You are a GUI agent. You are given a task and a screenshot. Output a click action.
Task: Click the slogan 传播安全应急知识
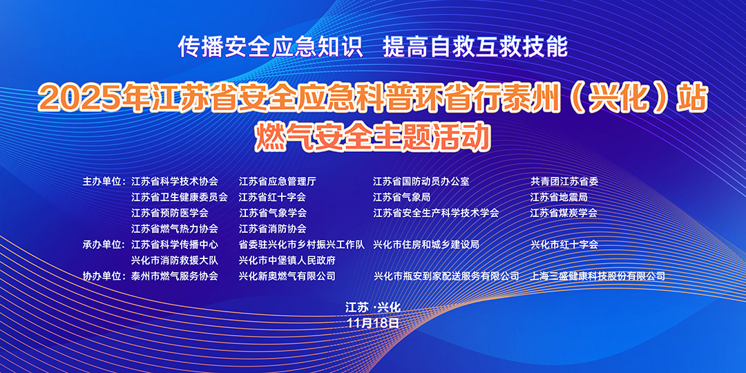[270, 48]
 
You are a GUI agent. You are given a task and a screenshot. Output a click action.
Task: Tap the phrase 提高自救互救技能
[475, 48]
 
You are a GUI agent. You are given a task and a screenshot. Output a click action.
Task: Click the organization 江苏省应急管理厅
[278, 182]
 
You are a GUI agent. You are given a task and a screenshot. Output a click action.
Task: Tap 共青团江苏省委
[564, 182]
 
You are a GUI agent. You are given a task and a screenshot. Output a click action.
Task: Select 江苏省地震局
[559, 198]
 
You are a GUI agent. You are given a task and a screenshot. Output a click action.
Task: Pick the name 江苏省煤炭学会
[564, 213]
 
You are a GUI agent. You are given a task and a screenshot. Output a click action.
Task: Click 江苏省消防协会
[273, 229]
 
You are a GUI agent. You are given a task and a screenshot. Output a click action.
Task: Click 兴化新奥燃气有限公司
[287, 276]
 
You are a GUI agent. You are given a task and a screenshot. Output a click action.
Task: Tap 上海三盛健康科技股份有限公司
[597, 276]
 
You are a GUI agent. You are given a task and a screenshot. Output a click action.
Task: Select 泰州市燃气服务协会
[175, 276]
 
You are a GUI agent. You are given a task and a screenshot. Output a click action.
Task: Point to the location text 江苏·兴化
[374, 308]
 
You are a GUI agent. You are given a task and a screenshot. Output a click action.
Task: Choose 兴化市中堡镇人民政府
[287, 260]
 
